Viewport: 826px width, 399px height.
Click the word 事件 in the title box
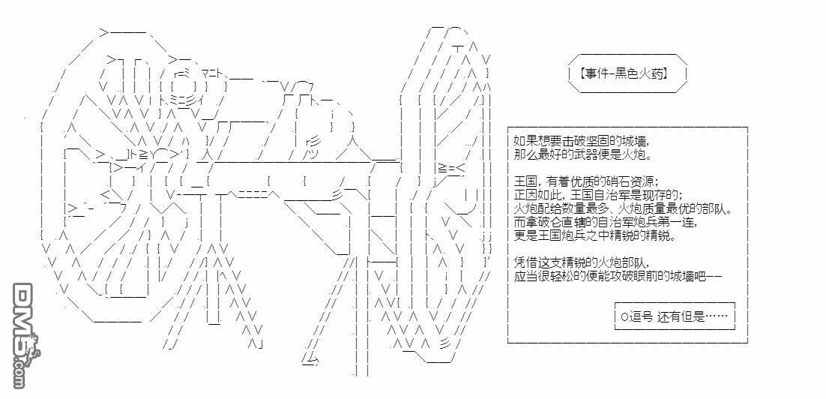[597, 73]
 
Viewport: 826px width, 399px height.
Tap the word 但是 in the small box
[690, 316]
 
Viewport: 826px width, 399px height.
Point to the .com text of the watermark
[19, 369]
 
